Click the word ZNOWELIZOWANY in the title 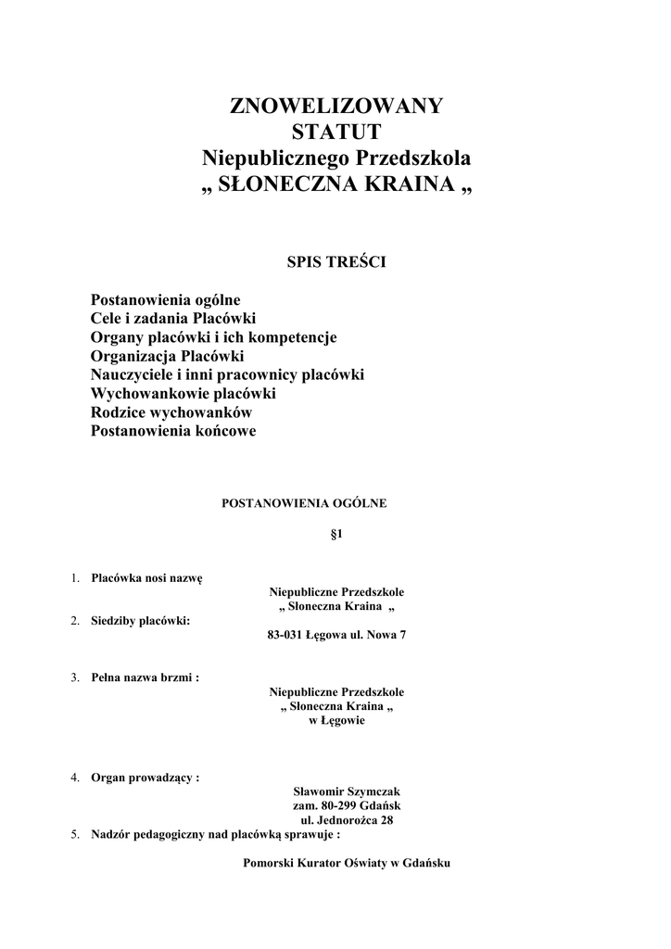(336, 106)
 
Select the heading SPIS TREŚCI (336, 262)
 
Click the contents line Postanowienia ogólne (165, 300)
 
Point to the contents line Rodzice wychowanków (171, 412)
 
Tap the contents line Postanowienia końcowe (173, 431)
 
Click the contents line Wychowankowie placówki (183, 394)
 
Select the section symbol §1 (337, 535)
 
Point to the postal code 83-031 (285, 636)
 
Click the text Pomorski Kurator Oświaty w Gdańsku (347, 863)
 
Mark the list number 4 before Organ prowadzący (75, 778)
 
